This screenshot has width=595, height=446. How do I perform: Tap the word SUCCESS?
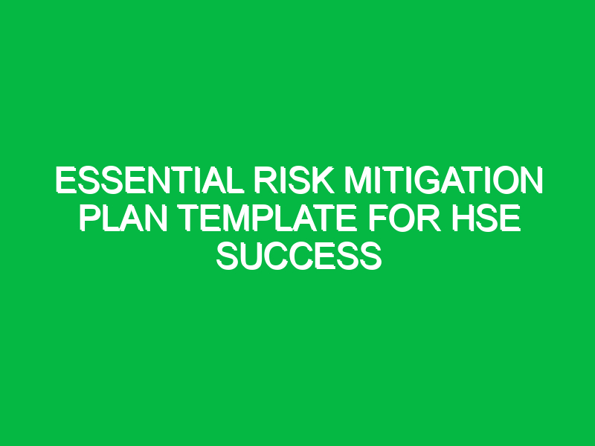298,257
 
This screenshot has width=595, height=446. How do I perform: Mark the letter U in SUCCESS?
251,257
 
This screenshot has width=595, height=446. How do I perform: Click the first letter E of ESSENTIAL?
66,181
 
